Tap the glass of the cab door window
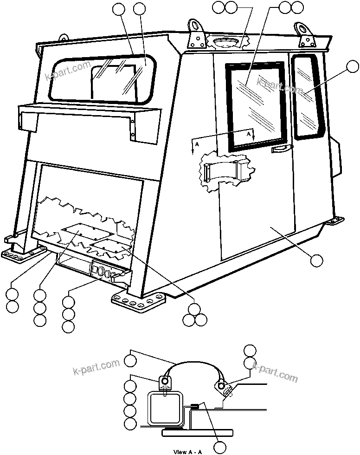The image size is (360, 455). click(x=255, y=104)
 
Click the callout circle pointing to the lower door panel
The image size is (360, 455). click(x=316, y=260)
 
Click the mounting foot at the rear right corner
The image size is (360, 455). click(x=334, y=221)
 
